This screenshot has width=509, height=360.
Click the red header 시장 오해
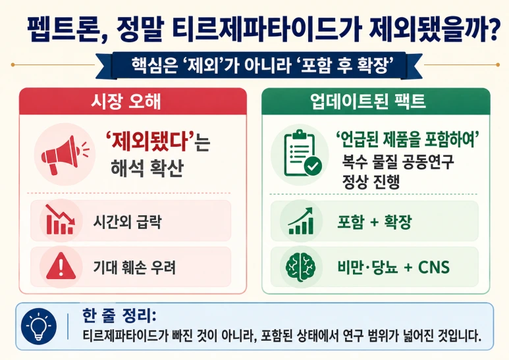click(x=126, y=102)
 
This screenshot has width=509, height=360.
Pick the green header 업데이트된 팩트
click(x=367, y=101)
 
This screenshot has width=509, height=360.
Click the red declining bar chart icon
click(x=60, y=219)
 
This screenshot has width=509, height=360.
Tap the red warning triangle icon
click(x=61, y=266)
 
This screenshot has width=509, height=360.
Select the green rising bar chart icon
click(x=301, y=221)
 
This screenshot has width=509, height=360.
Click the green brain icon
click(x=301, y=267)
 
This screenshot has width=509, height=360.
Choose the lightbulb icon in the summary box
click(x=39, y=326)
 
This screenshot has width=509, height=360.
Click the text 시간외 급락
click(x=127, y=222)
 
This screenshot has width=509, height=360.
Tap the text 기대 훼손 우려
click(x=134, y=268)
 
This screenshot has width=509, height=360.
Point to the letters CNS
click(x=434, y=267)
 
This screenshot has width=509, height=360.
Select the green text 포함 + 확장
click(x=375, y=222)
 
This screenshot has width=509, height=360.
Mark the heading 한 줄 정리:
click(x=119, y=315)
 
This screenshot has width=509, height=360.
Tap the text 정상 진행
click(x=371, y=182)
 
